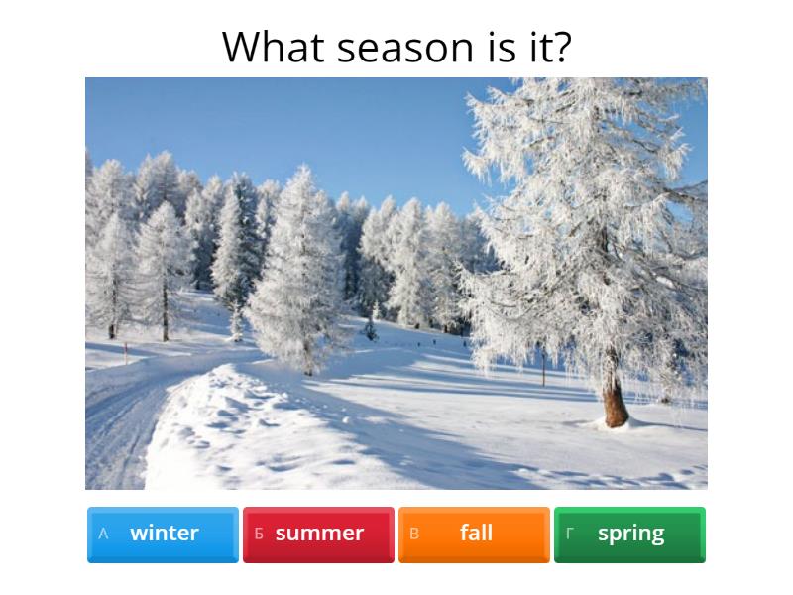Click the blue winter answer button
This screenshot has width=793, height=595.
[163, 534]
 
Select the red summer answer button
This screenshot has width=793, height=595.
[318, 534]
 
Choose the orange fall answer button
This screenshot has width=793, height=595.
[474, 534]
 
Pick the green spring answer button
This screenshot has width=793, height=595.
[629, 534]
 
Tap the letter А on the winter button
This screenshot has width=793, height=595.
[103, 534]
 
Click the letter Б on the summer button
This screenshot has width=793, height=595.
[259, 534]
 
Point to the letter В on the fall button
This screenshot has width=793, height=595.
[414, 534]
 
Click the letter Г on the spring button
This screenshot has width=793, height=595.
[570, 534]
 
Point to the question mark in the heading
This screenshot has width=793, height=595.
[561, 47]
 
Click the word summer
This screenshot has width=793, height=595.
[319, 534]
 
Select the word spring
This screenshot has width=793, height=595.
[630, 534]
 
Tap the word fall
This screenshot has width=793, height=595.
[476, 534]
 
